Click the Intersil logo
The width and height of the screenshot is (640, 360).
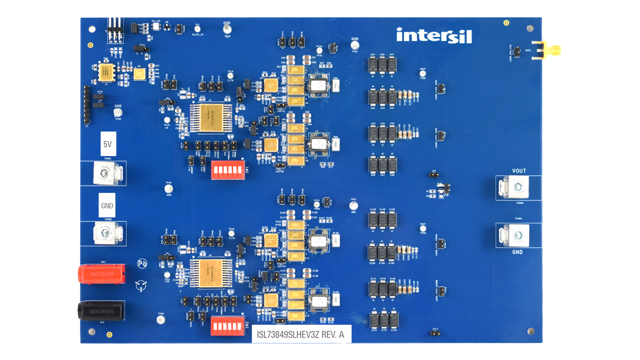point(433,35)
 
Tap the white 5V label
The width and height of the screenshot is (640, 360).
point(107,144)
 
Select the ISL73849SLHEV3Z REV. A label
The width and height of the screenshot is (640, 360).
point(301,334)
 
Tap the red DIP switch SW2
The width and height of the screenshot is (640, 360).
point(227,325)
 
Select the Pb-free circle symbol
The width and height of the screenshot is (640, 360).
point(142,263)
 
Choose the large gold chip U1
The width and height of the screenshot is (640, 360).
point(211,118)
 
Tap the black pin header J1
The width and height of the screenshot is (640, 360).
point(86,104)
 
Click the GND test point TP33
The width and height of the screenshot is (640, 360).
point(227,30)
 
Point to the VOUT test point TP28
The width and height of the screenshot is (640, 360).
point(422,73)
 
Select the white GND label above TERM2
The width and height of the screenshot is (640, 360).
point(107,205)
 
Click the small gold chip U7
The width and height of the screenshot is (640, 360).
point(106,71)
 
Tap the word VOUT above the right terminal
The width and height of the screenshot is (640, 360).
point(519,171)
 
